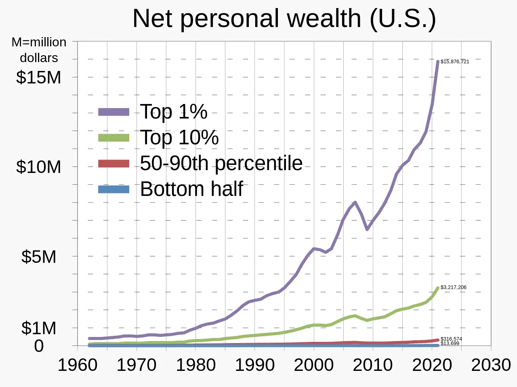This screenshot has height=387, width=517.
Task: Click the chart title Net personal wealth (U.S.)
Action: pos(284,19)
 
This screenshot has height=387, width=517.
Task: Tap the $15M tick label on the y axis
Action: pos(38,77)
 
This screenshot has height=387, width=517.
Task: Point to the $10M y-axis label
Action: pos(38,166)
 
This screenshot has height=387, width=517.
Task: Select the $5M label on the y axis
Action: pos(38,256)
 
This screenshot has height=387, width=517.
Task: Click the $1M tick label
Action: pos(38,328)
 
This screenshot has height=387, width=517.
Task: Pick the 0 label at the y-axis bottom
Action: pos(39,346)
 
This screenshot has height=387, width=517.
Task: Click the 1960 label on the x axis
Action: pos(78,365)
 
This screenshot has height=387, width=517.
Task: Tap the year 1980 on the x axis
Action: pos(195,365)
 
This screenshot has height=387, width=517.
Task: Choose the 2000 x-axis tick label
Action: pos(313,365)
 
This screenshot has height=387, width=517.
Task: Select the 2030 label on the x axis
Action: pos(491,365)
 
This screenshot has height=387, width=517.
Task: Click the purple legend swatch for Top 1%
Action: pos(113,112)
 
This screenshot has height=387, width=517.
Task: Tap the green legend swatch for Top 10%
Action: pos(113,138)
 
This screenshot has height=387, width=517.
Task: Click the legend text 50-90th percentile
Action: pos(221,163)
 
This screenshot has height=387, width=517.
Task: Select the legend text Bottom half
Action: pos(191,189)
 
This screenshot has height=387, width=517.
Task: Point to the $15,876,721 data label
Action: pos(455,62)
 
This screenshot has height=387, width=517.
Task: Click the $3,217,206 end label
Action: pos(453,287)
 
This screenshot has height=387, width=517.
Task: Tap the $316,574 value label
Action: pos(451,339)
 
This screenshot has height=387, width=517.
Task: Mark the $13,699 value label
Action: pos(450,343)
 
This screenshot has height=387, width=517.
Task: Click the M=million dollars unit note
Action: pos(39,50)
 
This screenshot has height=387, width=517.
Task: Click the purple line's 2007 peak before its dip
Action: pos(355,202)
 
